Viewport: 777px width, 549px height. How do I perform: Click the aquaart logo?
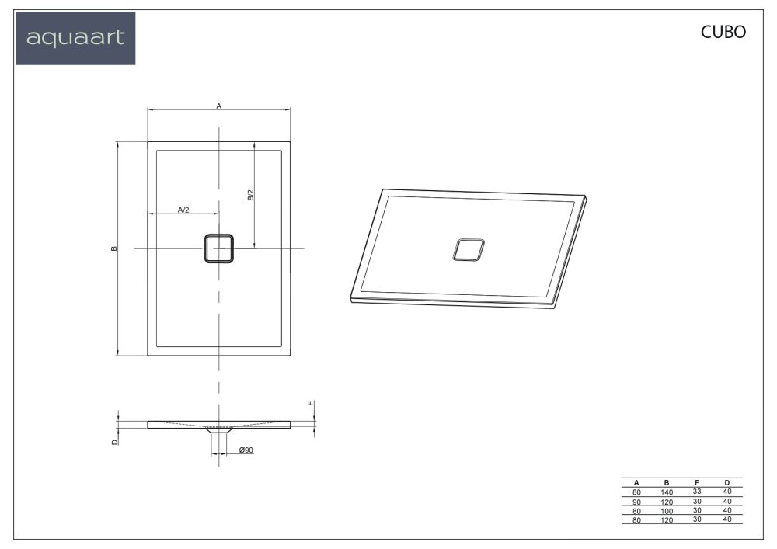point(75,38)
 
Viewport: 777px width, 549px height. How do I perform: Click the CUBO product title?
point(723,32)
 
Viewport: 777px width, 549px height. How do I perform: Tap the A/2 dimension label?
point(184,210)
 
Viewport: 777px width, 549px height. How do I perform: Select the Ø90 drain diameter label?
point(246,450)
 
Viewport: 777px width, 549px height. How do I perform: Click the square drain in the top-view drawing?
point(219,248)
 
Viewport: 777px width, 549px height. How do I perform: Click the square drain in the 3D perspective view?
point(469,250)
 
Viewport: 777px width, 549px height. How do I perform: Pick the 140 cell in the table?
point(667,492)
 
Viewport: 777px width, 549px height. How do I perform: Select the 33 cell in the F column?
point(697,492)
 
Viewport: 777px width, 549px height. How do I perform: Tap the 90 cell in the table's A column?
point(636,502)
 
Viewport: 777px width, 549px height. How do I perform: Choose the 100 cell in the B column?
point(667,511)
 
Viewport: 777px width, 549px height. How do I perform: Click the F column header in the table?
point(697,482)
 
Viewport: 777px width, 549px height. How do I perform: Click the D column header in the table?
point(727,482)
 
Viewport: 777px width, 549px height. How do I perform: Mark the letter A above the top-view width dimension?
point(219,105)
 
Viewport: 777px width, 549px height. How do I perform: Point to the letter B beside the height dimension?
point(113,248)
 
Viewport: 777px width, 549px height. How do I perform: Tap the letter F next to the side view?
point(310,404)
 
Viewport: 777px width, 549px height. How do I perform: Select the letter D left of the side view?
point(113,441)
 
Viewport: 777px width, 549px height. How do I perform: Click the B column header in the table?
point(667,482)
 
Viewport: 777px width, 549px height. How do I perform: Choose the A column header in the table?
point(636,482)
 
